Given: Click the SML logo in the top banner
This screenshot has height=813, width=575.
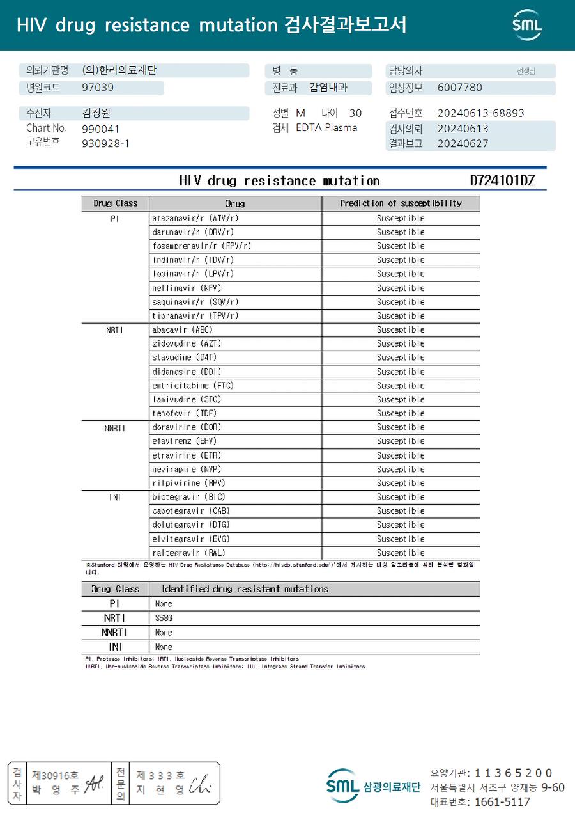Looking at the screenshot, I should click(527, 25).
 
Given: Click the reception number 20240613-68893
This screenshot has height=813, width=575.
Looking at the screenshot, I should click(480, 113).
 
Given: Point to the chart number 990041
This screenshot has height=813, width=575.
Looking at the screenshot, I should click(100, 129).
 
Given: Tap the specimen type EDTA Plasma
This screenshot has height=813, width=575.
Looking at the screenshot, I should click(326, 128).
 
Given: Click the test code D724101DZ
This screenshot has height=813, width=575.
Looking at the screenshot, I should click(502, 181).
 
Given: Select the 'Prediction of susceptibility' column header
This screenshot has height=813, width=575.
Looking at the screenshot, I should click(401, 203).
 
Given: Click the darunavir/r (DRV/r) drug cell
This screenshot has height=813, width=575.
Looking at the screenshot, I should click(193, 232).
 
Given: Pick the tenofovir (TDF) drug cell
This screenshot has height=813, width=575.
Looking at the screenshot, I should click(183, 413).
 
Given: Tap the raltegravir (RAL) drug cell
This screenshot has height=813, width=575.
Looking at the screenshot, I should click(188, 553).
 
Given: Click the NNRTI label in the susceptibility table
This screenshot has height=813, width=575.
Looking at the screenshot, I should click(115, 427).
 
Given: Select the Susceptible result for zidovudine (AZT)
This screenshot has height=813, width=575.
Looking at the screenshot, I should click(401, 343).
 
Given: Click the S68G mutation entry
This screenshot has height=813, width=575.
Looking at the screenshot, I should click(164, 619).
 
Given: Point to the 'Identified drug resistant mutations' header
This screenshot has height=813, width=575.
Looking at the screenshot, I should click(245, 589).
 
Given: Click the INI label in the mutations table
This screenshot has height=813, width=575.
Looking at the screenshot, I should click(115, 647).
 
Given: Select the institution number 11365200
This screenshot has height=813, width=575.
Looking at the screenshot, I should click(513, 773).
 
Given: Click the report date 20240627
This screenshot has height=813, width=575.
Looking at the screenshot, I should click(463, 144).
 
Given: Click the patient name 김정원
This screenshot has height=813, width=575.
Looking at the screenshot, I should click(96, 113).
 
